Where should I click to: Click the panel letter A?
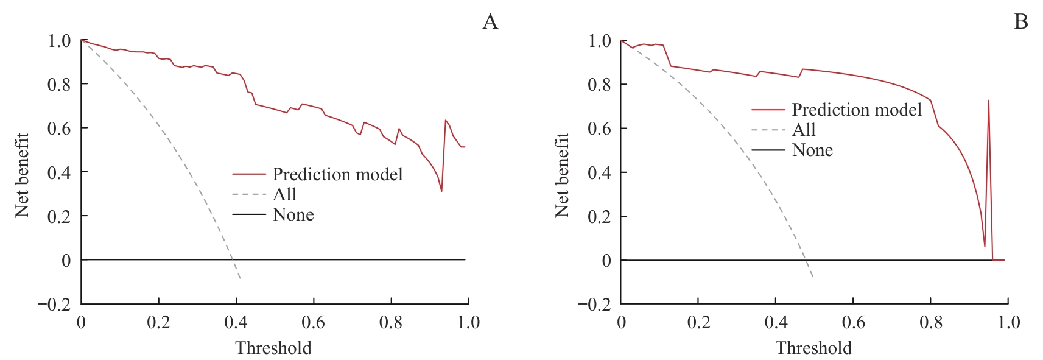[490, 23]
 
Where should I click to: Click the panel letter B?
[1021, 23]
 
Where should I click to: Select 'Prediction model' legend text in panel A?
[337, 175]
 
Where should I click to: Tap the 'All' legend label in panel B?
[804, 130]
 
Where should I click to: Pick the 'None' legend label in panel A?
[293, 215]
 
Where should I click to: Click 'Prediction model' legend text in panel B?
[857, 110]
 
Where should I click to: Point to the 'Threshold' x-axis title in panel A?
[273, 348]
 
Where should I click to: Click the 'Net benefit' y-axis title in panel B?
[561, 175]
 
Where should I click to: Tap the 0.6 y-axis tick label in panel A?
[59, 128]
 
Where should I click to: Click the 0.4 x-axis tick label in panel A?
[236, 322]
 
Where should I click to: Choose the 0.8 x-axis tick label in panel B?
[930, 322]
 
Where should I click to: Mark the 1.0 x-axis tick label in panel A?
[468, 322]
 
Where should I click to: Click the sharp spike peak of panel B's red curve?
[988, 101]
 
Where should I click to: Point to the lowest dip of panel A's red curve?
[441, 191]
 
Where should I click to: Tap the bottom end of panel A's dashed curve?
[241, 279]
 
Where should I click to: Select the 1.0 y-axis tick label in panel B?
[600, 41]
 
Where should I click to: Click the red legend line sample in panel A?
[249, 175]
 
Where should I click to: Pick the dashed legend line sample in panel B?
[768, 130]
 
